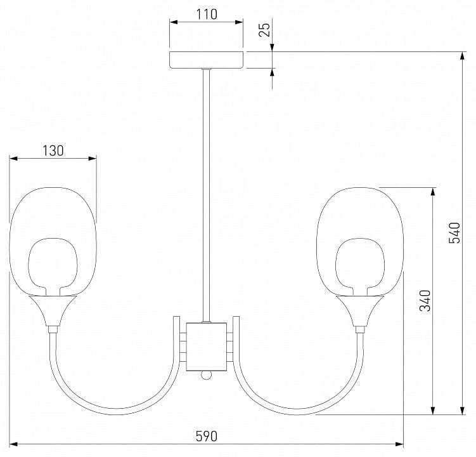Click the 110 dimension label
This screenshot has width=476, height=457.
(x=207, y=15)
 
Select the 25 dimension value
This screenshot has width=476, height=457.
(x=264, y=30)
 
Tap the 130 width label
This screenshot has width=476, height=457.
(x=53, y=151)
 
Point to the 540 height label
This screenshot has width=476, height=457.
(x=454, y=233)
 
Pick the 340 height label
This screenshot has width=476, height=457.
(x=425, y=301)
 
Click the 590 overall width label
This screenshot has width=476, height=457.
(x=207, y=437)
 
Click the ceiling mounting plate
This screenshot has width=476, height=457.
(x=207, y=60)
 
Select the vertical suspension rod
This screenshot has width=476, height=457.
(x=207, y=195)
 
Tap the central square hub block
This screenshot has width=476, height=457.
(x=207, y=347)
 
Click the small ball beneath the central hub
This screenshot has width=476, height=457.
(x=207, y=375)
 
